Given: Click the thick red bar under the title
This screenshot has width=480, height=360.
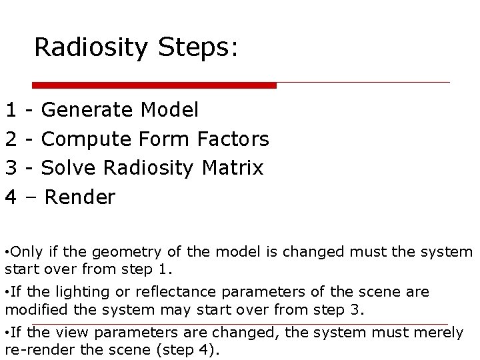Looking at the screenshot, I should (155, 85).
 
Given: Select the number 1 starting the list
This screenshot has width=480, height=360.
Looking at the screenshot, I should (11, 109).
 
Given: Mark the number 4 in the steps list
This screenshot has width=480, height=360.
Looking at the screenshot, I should (11, 197).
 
